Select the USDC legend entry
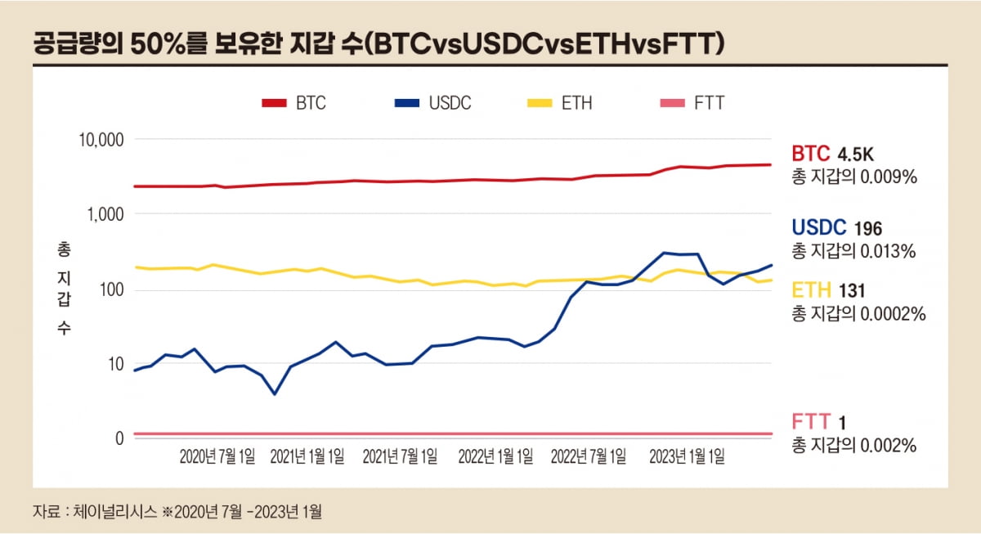[432, 103]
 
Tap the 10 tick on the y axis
[114, 364]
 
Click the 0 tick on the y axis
[119, 438]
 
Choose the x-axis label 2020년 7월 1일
[217, 456]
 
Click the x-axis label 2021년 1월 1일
[307, 456]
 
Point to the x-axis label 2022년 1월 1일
[495, 456]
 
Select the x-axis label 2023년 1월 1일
[687, 456]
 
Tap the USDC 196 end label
[836, 228]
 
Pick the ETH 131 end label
[829, 289]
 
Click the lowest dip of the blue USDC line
[275, 394]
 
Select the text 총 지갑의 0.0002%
[858, 313]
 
